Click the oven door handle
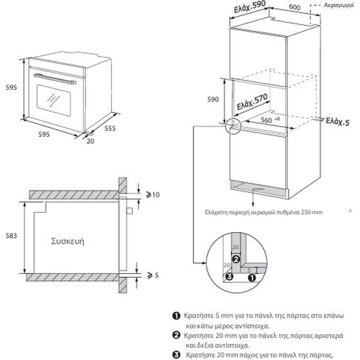tap(55, 79)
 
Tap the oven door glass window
tap(54, 100)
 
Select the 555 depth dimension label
tap(110, 128)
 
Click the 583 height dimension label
tap(12, 236)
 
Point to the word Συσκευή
tap(67, 242)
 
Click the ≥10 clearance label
tap(153, 195)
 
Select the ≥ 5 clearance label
tap(153, 275)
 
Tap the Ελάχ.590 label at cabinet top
tap(250, 6)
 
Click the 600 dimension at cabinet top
tap(294, 7)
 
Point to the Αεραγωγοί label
tap(339, 5)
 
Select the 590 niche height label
tap(213, 100)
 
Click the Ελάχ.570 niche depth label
tap(252, 102)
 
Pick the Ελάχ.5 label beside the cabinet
tap(337, 122)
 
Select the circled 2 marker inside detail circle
tap(236, 260)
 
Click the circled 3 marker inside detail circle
tap(229, 276)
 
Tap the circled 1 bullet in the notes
tap(176, 316)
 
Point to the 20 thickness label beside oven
tap(90, 141)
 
